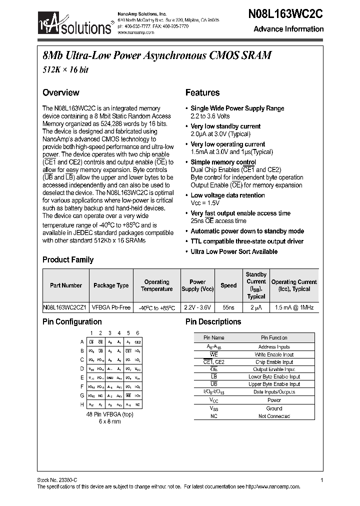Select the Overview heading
(60, 92)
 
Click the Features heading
(202, 92)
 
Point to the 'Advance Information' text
(288, 29)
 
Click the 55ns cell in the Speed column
(228, 307)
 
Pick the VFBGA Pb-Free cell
(111, 307)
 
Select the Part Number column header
(66, 285)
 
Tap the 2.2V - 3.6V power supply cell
(197, 307)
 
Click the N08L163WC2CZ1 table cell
(65, 307)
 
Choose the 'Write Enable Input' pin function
(273, 354)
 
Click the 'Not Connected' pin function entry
(273, 416)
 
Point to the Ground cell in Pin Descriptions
(273, 408)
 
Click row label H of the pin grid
(82, 404)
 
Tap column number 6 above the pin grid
(137, 333)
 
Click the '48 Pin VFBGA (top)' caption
(110, 414)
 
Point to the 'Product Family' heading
(68, 259)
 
